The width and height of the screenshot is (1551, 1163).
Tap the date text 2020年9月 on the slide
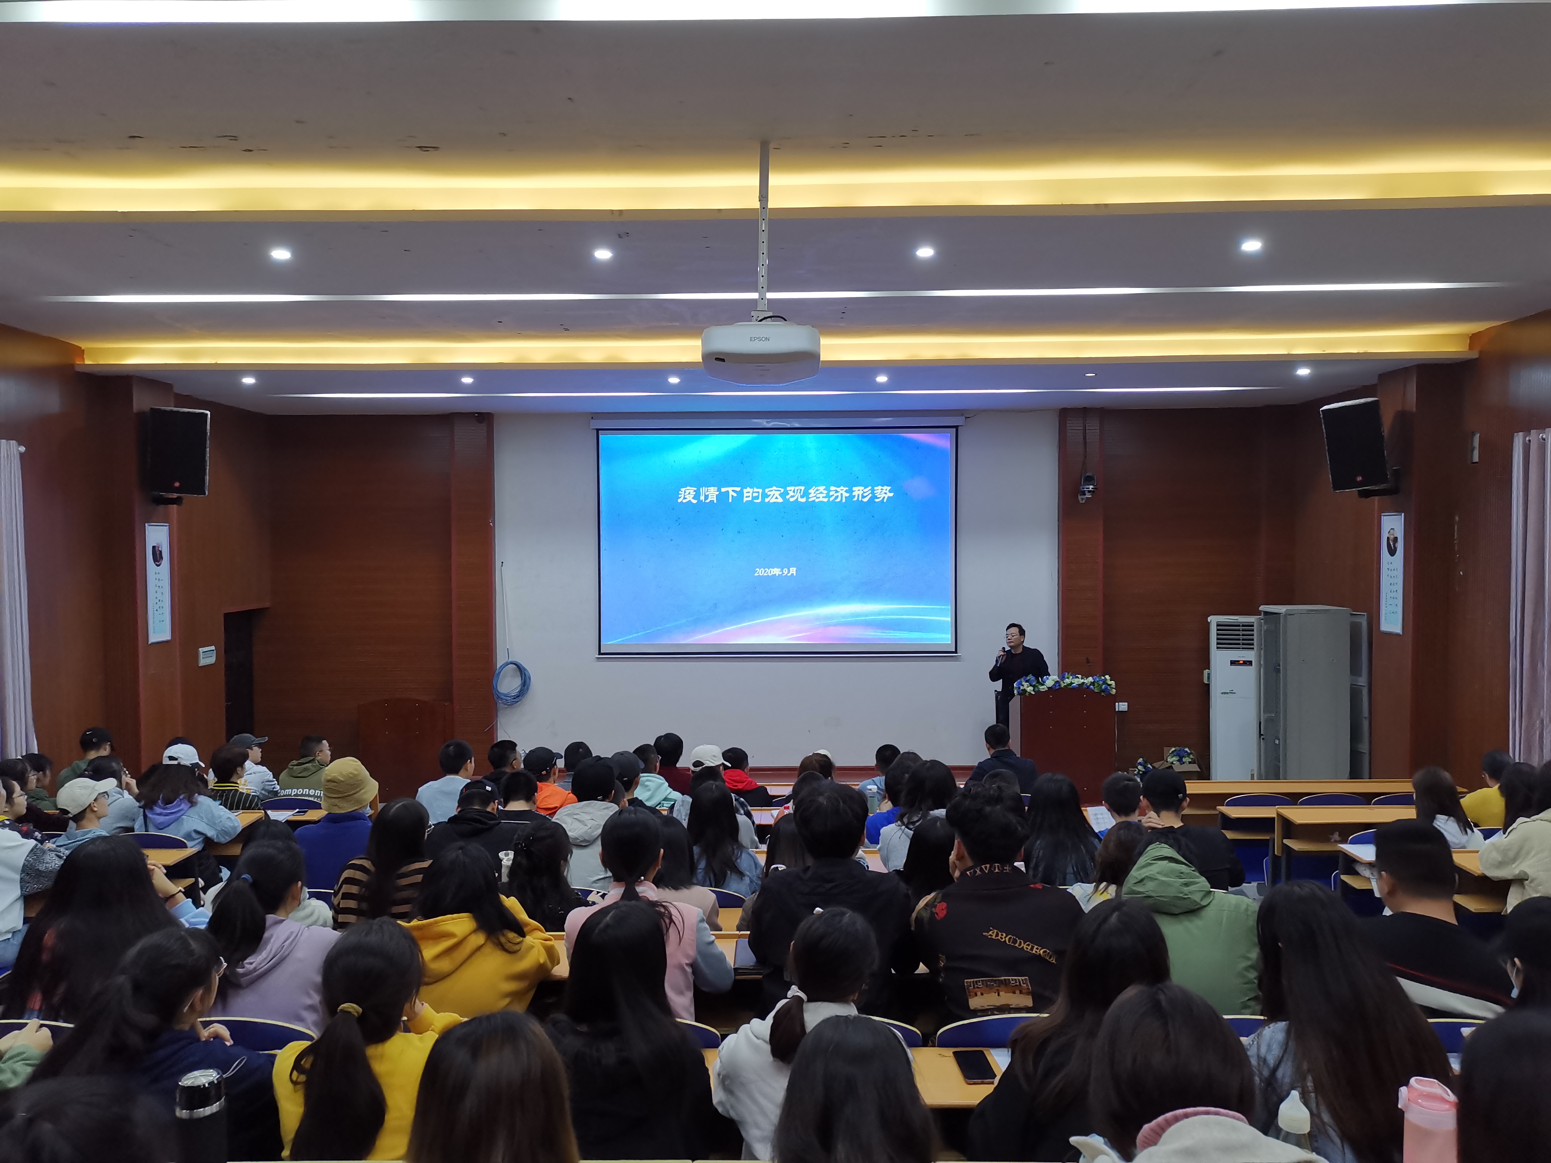[x=775, y=571]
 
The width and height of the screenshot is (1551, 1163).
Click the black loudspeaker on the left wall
[x=178, y=452]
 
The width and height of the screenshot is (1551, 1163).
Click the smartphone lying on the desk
[x=974, y=1066]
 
